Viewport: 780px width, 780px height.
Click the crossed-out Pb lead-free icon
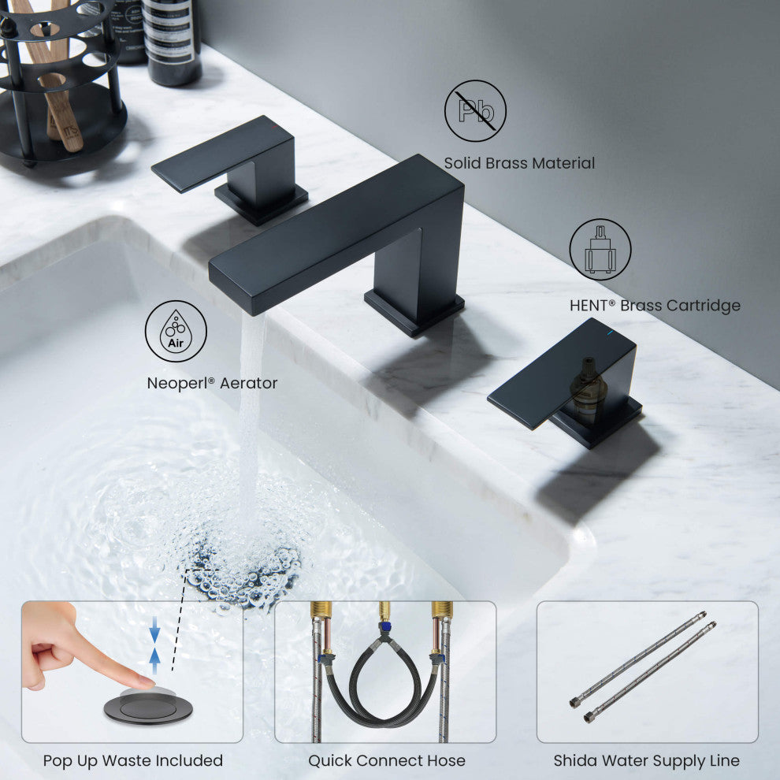(x=475, y=111)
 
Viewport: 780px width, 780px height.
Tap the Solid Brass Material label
(x=519, y=163)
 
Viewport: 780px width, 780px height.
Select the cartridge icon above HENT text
(x=600, y=249)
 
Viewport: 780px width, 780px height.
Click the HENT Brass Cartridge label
(x=655, y=305)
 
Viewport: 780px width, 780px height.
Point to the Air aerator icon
(x=176, y=332)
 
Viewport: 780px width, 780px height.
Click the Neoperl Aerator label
(x=212, y=383)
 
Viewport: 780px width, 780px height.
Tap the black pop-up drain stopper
(x=148, y=708)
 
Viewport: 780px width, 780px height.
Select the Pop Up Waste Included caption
(x=132, y=760)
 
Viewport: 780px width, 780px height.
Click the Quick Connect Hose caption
(x=386, y=760)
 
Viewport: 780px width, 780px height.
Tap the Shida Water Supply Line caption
(x=646, y=760)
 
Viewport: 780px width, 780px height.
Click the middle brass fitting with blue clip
(x=384, y=622)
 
